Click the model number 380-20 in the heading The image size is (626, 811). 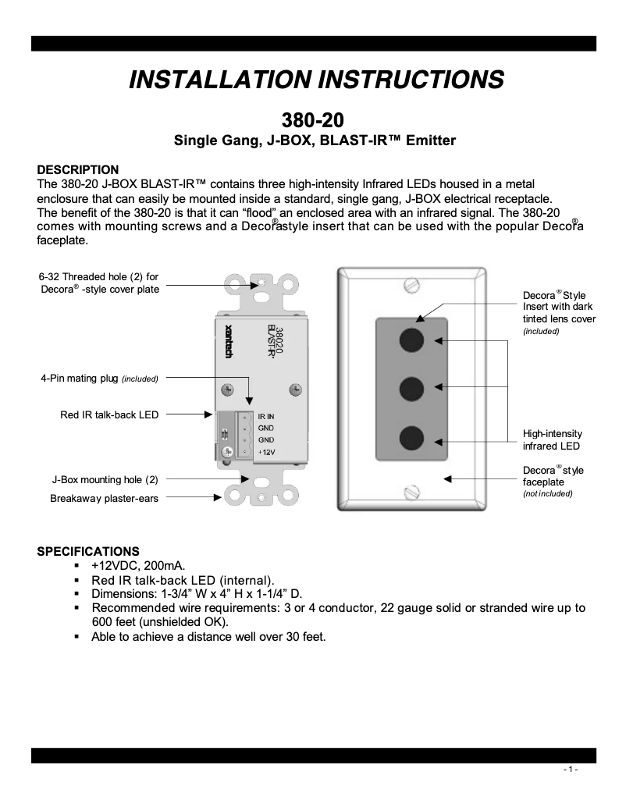coord(313,120)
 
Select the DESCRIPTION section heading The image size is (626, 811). coord(78,170)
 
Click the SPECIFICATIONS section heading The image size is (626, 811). coord(88,551)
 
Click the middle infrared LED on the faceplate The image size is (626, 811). coord(411,387)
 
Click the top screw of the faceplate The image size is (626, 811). coord(411,286)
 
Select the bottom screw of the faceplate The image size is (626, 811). coord(411,492)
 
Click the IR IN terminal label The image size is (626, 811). coord(266,417)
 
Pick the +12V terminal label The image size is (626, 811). coord(266,453)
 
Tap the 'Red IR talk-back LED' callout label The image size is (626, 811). coord(109,414)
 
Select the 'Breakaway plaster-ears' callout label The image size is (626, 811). coord(104,498)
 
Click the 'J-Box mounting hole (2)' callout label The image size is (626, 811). coord(105,479)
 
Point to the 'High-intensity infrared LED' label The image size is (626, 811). coord(552,439)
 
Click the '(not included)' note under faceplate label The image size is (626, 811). coord(547,494)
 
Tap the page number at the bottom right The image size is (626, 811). coord(571,770)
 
